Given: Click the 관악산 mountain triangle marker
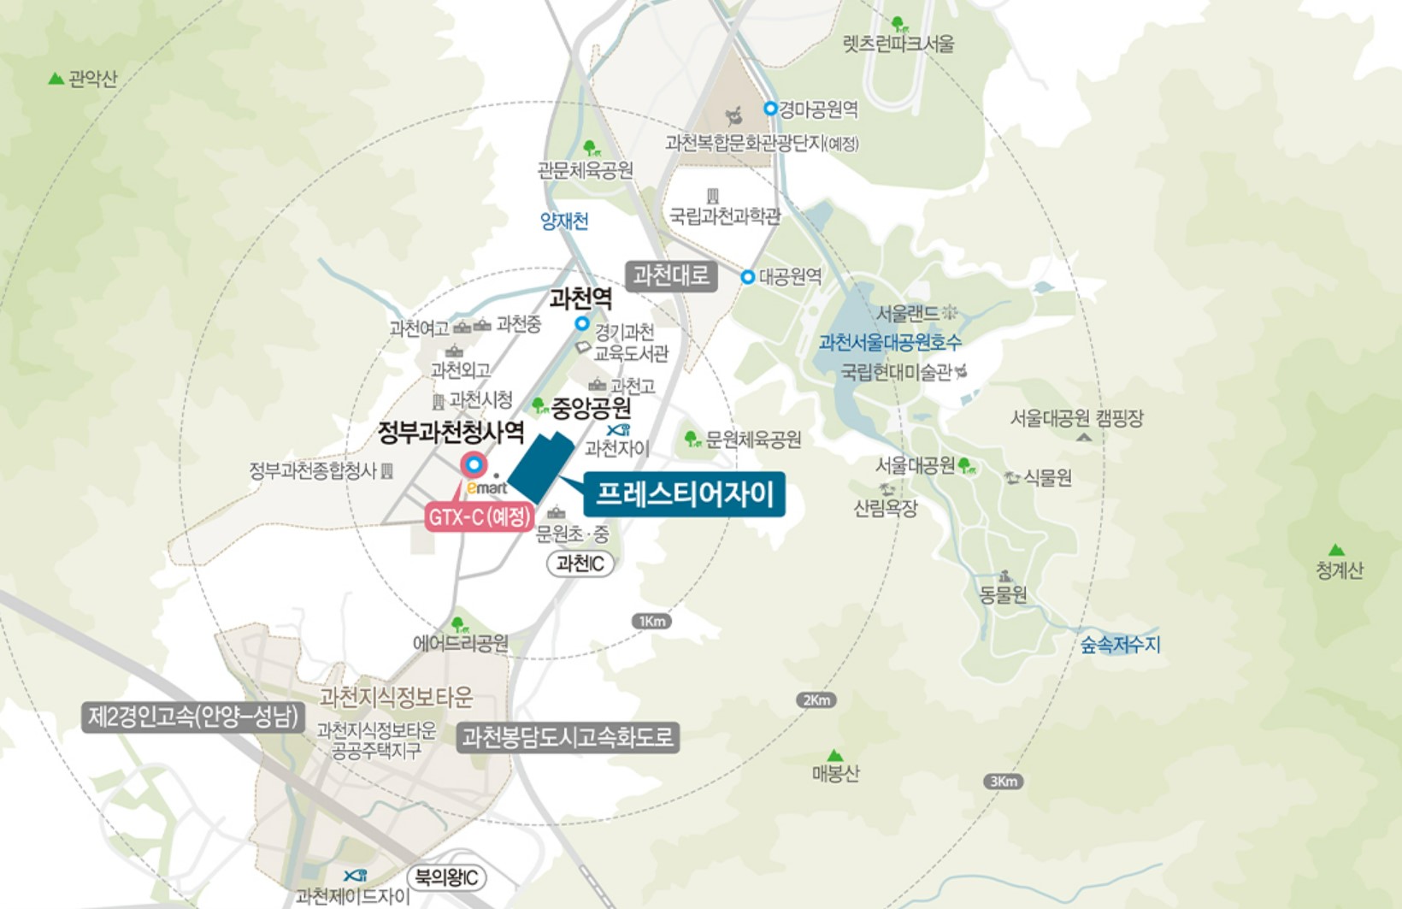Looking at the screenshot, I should tap(56, 80).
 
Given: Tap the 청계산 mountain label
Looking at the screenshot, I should tap(1339, 570).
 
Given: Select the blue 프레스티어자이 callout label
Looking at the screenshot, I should tap(684, 494).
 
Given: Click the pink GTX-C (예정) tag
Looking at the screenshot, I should tap(480, 516).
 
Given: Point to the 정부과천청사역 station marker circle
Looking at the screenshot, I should tap(473, 464).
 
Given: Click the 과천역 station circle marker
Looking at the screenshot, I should tap(582, 323).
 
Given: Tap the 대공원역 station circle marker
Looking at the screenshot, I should tap(748, 277).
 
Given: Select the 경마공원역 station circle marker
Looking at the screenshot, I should tap(770, 109).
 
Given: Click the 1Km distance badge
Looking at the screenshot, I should tap(651, 622).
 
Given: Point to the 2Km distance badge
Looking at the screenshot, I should tap(816, 700).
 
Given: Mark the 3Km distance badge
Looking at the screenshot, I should tap(1003, 782).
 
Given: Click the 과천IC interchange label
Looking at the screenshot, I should tap(580, 564).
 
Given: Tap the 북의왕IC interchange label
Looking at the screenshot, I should tap(447, 877).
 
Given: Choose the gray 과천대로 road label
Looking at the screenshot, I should tap(671, 275).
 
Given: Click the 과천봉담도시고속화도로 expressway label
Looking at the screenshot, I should tap(568, 737).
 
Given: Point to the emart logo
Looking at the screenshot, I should tap(486, 487).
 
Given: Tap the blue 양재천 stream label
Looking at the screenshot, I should tap(564, 221).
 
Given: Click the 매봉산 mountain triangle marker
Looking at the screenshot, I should tap(835, 756).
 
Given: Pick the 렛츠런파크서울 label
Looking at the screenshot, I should tap(898, 44).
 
